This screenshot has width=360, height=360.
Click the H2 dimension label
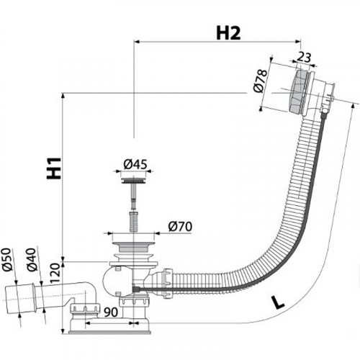point(228,33)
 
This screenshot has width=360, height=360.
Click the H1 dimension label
point(54,168)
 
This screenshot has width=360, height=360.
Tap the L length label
point(277,303)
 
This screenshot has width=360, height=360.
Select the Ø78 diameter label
point(260,81)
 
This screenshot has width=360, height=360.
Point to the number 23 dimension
point(305,58)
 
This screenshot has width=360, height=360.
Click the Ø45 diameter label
point(135,164)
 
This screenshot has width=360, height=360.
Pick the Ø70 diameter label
point(180,226)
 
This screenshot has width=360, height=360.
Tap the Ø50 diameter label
point(7,259)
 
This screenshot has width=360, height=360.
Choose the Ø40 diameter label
point(32,260)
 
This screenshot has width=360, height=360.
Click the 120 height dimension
point(55,273)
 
